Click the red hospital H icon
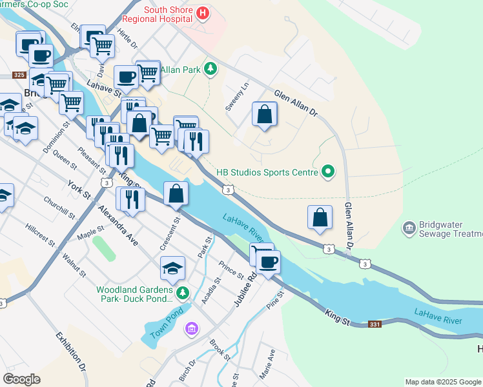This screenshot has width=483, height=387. coord(203,13)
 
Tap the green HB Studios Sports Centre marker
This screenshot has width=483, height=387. coord(328,172)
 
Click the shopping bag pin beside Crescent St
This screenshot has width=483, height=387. coord(176,193)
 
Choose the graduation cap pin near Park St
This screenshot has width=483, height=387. coord(173,268)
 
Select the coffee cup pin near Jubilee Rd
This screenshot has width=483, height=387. coord(268,261)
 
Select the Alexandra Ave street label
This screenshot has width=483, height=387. coord(118,226)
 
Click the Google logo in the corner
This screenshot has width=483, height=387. coord(21,379)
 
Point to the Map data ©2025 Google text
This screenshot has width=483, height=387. coord(443,382)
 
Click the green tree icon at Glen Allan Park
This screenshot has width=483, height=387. coord(209,68)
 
